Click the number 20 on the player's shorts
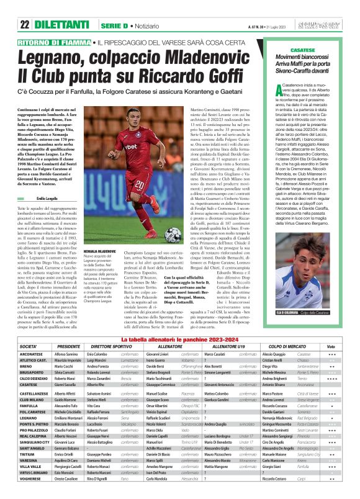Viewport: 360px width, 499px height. (x=141, y=184)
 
